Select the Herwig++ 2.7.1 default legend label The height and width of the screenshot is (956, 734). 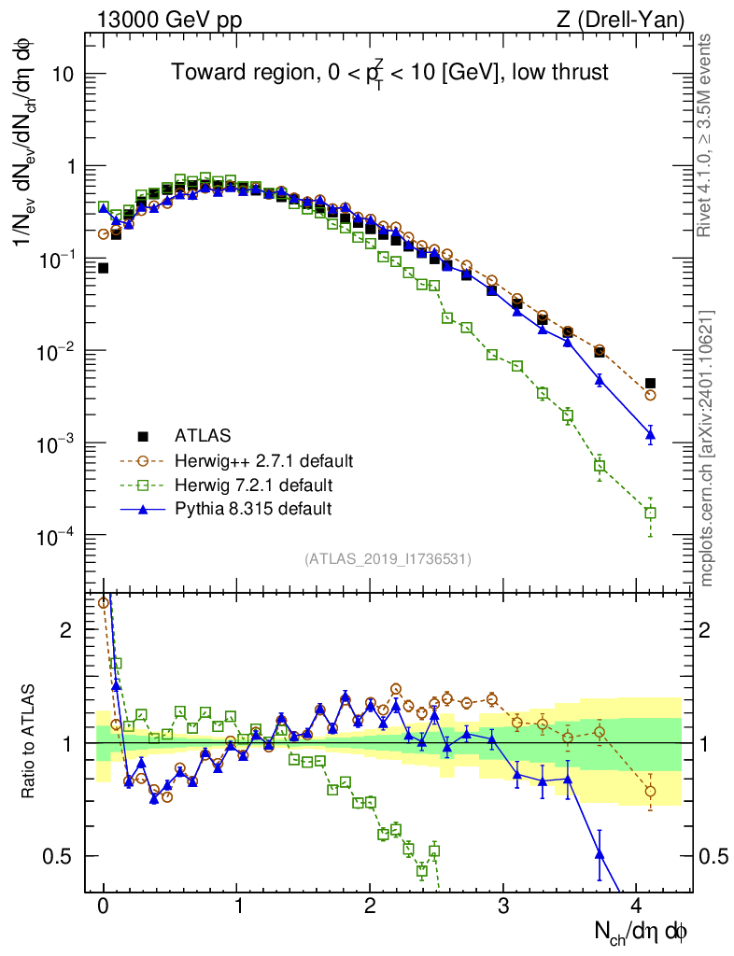(263, 460)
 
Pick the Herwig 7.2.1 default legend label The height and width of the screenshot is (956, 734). (253, 485)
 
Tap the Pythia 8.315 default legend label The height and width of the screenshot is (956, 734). (253, 509)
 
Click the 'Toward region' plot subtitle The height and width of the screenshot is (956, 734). (389, 73)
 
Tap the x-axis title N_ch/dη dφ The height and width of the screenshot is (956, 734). (642, 931)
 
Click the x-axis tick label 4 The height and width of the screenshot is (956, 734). (637, 906)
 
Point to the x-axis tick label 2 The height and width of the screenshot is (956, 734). (371, 906)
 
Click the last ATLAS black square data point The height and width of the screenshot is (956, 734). (650, 383)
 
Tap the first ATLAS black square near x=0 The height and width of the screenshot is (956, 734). (104, 268)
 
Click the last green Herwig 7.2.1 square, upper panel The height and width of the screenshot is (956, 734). (650, 513)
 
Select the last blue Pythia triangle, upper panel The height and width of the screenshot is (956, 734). (650, 434)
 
